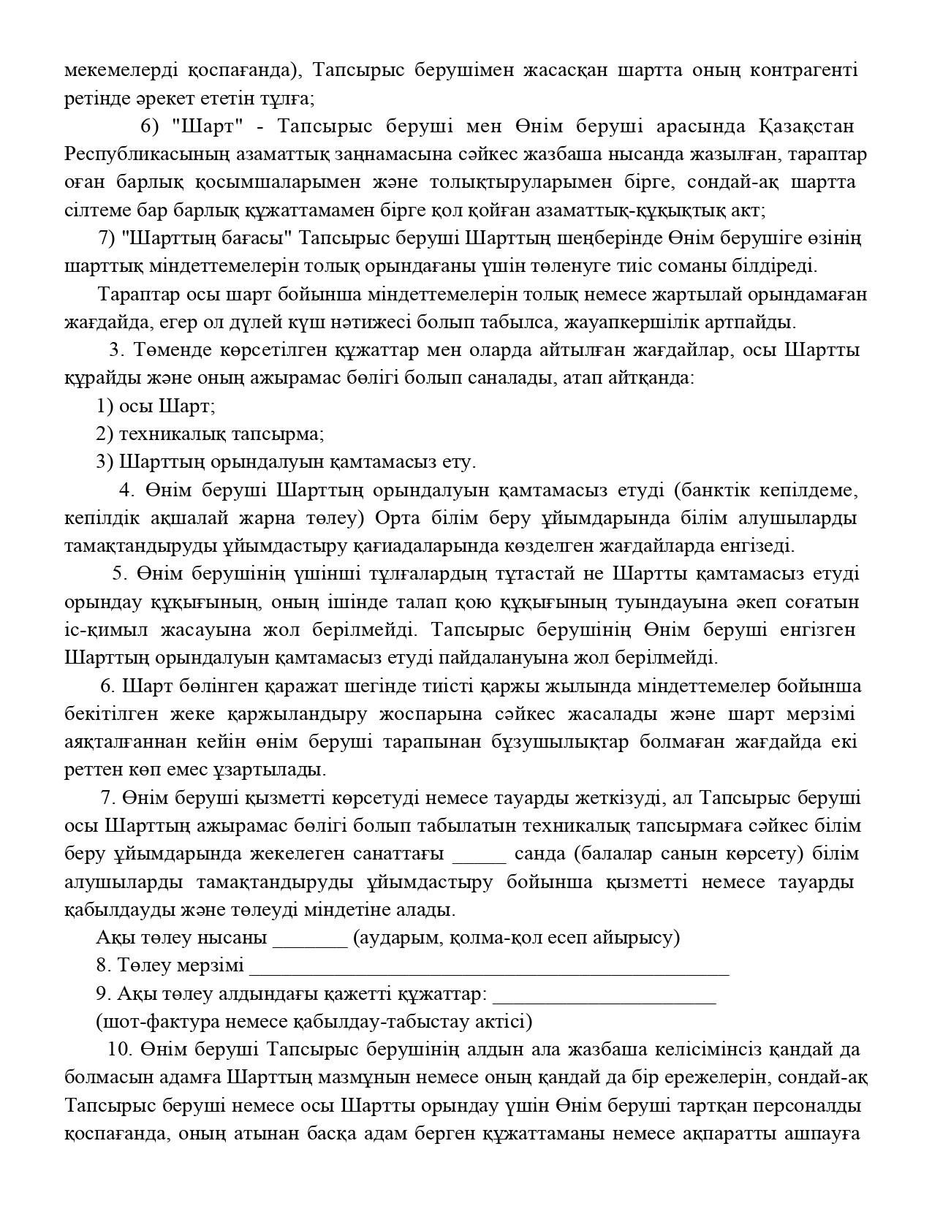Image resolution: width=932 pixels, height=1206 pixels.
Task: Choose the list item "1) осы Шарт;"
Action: coord(156,406)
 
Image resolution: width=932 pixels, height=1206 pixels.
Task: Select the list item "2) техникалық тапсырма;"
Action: coord(211,434)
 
